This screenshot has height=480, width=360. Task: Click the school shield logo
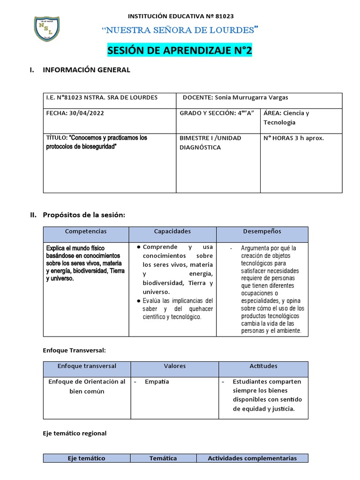point(46,29)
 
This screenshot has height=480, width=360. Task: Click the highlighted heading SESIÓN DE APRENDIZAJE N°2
point(180,51)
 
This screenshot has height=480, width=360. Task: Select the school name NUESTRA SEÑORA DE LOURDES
point(180,31)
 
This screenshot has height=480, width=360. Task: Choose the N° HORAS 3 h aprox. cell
point(294,138)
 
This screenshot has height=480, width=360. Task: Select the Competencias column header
point(86,232)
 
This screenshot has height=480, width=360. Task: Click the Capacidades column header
point(172,232)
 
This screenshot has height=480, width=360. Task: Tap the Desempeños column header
point(262,232)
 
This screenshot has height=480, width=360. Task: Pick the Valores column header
point(174,366)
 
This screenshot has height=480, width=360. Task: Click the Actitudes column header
point(264,366)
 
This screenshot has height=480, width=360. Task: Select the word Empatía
point(157,382)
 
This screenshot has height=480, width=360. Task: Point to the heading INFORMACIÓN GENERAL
point(86,70)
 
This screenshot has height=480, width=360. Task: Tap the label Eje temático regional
point(75,433)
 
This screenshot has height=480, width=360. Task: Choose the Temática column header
point(163,458)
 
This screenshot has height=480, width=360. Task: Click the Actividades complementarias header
point(252,458)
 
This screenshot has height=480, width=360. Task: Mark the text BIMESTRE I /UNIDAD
point(210,138)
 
